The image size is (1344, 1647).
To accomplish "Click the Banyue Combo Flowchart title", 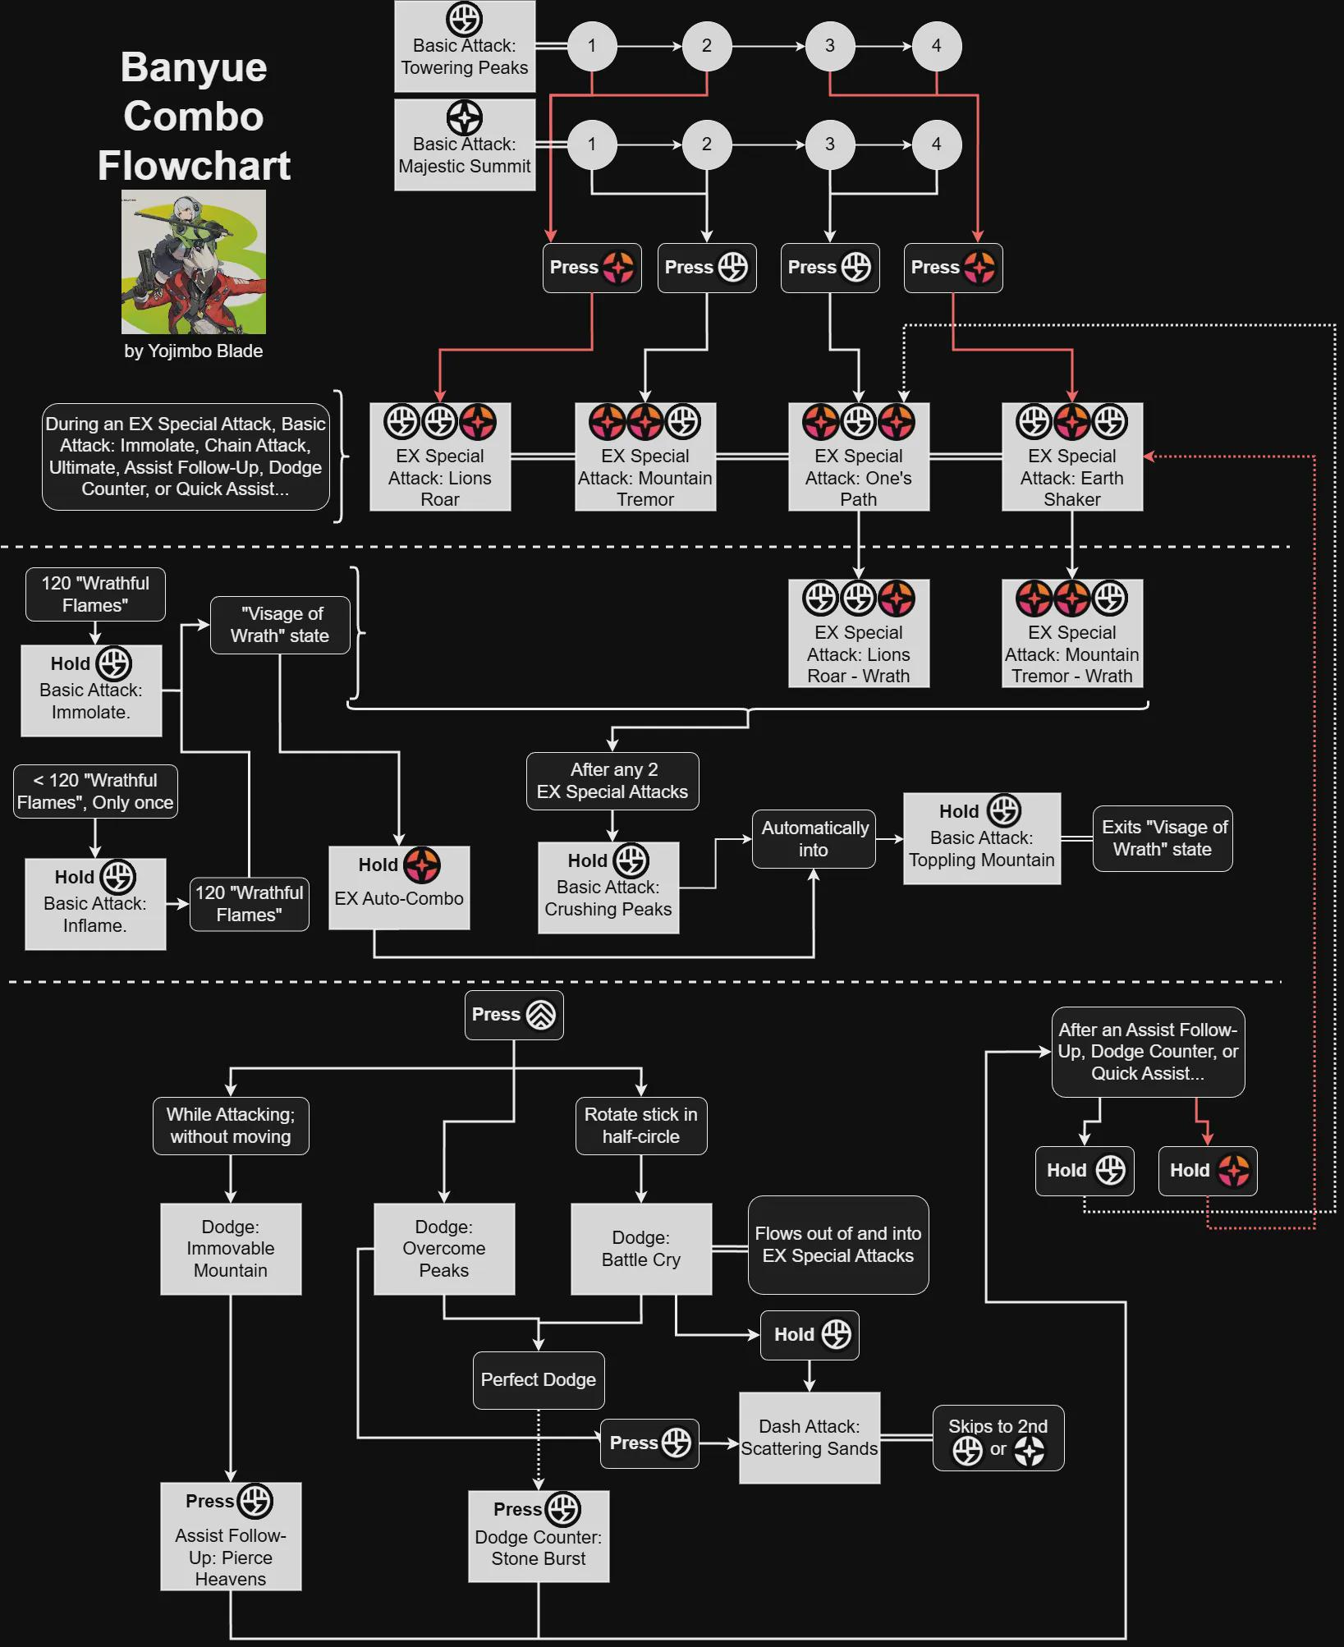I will click(x=194, y=116).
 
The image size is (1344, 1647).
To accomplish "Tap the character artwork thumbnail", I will click(x=194, y=262).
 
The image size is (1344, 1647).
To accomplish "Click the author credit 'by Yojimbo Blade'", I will click(x=194, y=351).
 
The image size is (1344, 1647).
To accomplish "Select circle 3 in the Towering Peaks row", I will click(x=829, y=46).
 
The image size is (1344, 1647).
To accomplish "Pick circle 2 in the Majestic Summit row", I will click(x=706, y=145).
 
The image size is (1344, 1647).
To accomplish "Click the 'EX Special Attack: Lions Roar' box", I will click(x=440, y=456).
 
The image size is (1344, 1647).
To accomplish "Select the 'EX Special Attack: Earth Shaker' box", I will click(x=1071, y=456).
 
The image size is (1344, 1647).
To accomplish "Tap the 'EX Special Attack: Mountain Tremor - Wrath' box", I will click(x=1071, y=633).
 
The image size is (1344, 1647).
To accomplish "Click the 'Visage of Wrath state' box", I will click(x=280, y=625).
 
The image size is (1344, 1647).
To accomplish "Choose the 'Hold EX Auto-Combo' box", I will click(x=399, y=888).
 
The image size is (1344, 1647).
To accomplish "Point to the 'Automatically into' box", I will click(x=814, y=838).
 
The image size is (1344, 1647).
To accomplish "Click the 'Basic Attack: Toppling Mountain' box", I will click(x=982, y=838).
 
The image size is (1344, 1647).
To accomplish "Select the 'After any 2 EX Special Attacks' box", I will click(x=612, y=781).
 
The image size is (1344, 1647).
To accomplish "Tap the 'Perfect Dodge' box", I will click(x=539, y=1380).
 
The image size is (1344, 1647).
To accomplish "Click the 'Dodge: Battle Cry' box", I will click(x=641, y=1249).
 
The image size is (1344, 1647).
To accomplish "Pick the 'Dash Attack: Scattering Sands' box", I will click(x=810, y=1438).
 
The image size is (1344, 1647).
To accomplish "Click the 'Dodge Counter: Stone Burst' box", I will click(x=539, y=1536).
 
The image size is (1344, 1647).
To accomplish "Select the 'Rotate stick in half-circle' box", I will click(x=641, y=1126).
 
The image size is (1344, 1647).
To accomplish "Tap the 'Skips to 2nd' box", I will click(x=998, y=1438).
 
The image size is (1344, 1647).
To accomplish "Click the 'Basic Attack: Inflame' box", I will click(x=95, y=904).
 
